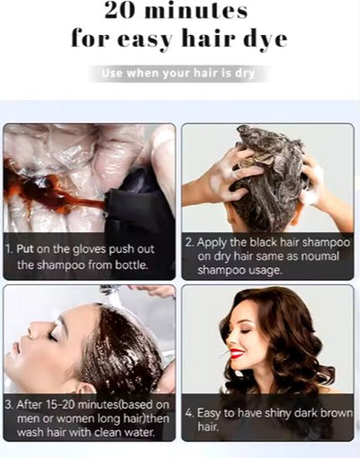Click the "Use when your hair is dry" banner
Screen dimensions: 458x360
click(x=179, y=74)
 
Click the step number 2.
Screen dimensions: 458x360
click(x=189, y=242)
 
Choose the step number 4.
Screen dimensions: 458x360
click(x=189, y=412)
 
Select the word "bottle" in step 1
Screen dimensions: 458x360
click(x=130, y=265)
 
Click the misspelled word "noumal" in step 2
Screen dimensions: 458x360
click(x=320, y=256)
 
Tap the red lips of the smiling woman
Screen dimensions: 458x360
click(x=237, y=354)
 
